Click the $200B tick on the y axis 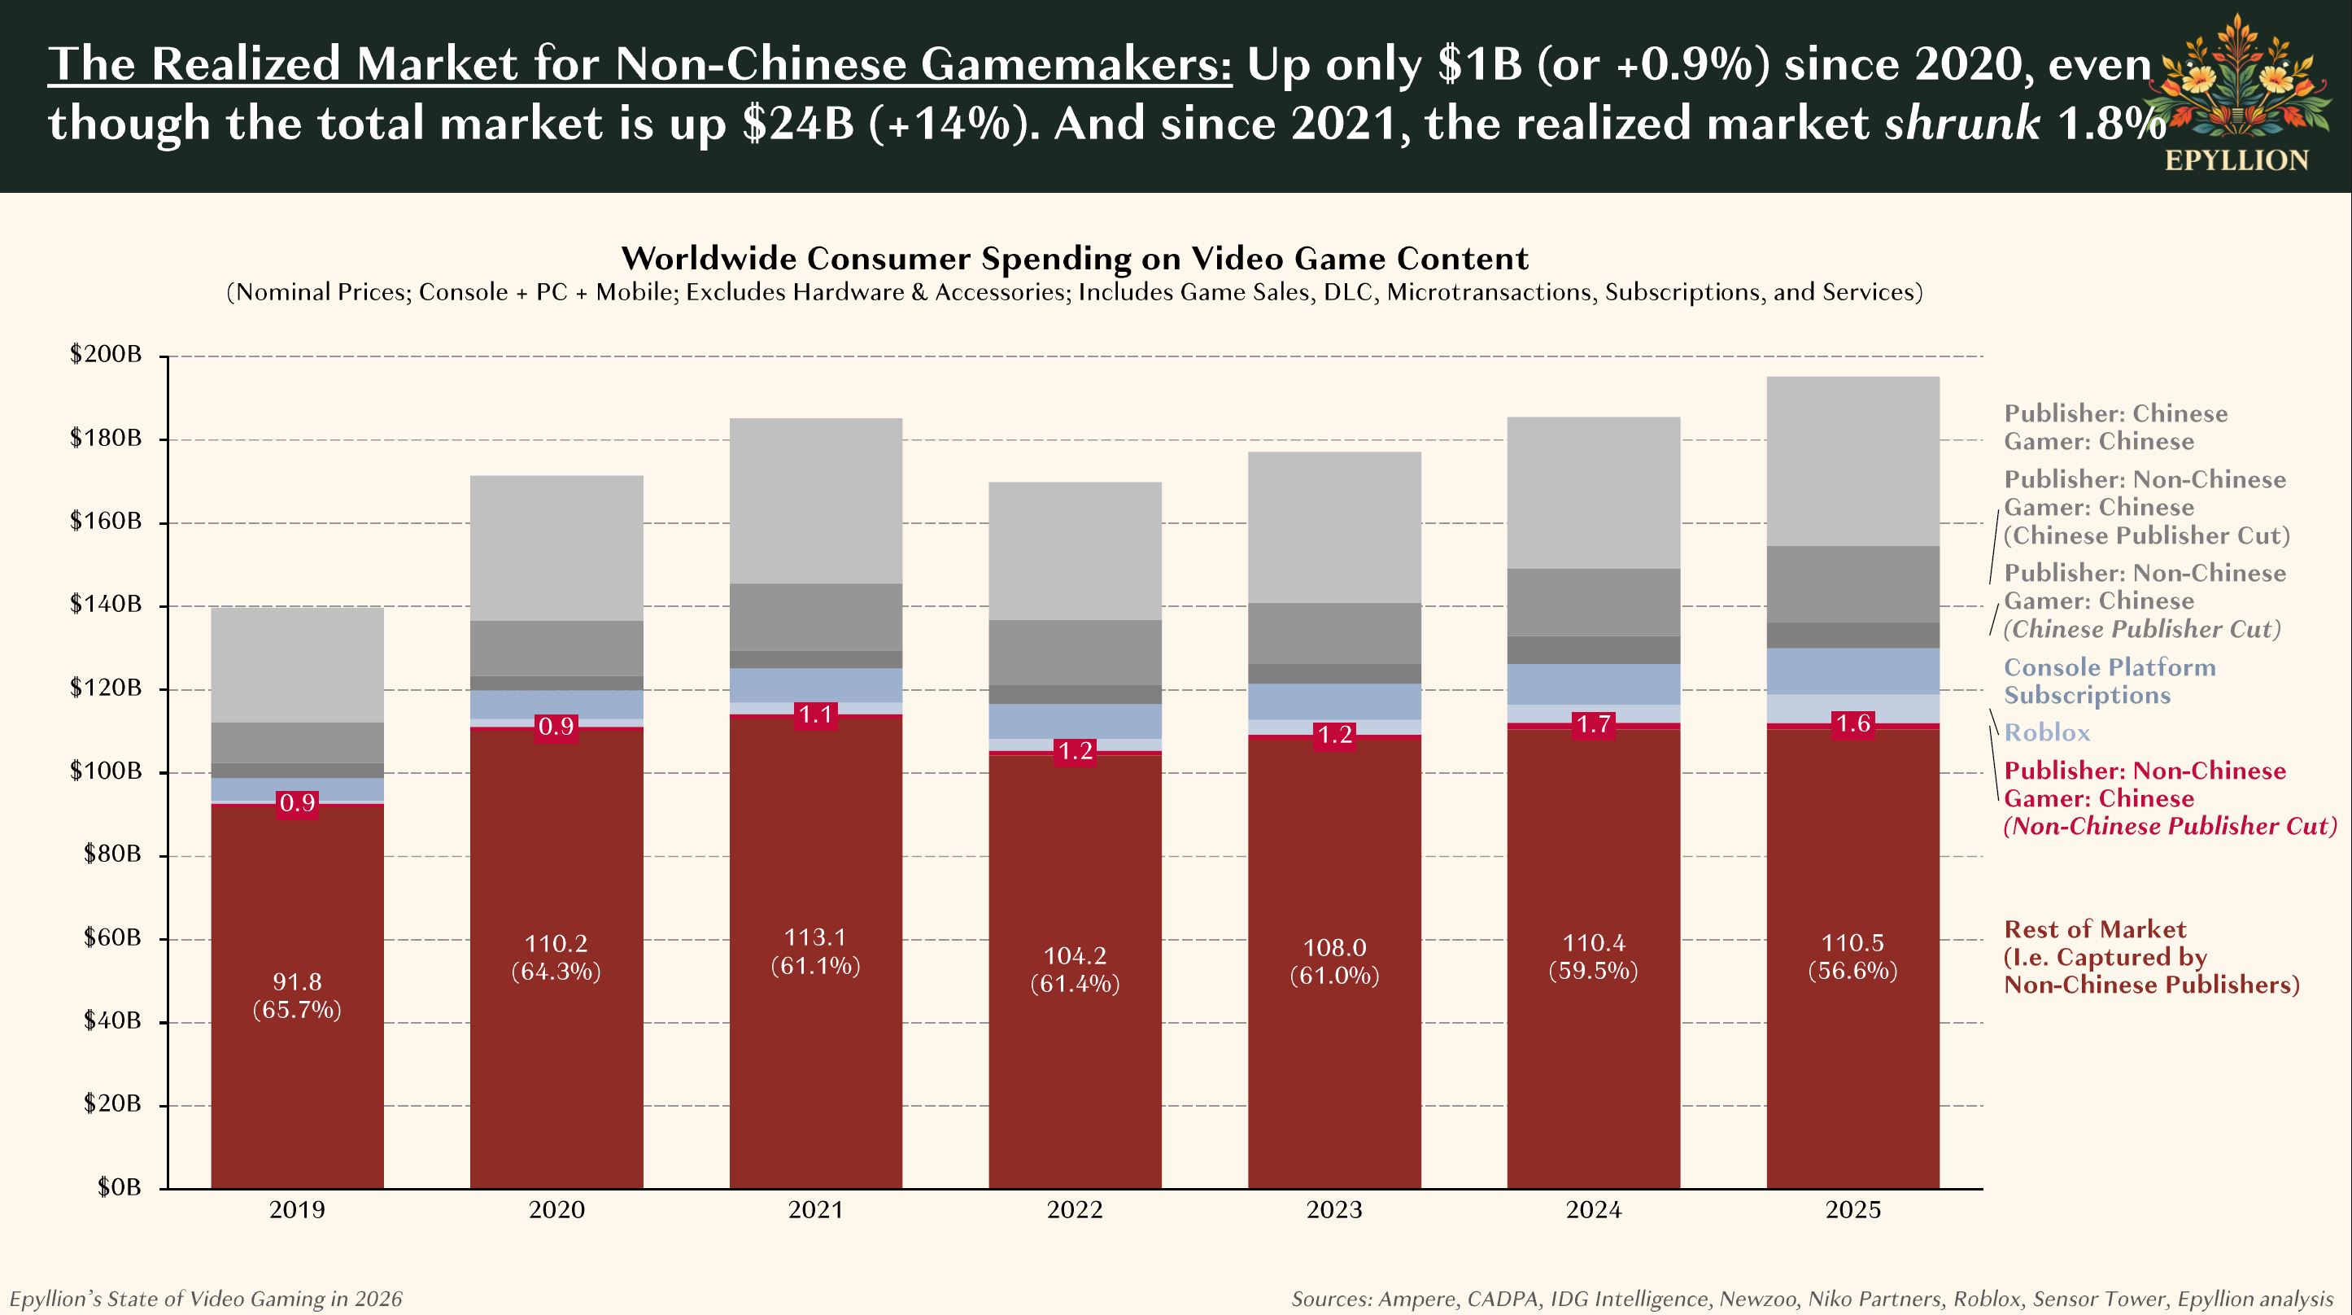106,354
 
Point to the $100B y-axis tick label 106,771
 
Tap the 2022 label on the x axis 1075,1210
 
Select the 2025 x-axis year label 1852,1210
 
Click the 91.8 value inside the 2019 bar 297,981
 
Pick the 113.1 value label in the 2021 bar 815,937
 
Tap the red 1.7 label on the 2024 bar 1593,725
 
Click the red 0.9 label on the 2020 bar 556,727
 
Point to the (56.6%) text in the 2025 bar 1852,971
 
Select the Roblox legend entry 2046,732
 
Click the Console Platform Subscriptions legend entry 2109,681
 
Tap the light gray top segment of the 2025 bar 1852,461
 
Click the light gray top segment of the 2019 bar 297,665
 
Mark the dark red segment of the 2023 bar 1334,1051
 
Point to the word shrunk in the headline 1962,122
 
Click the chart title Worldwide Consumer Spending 1075,259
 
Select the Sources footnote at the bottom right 1812,1299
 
